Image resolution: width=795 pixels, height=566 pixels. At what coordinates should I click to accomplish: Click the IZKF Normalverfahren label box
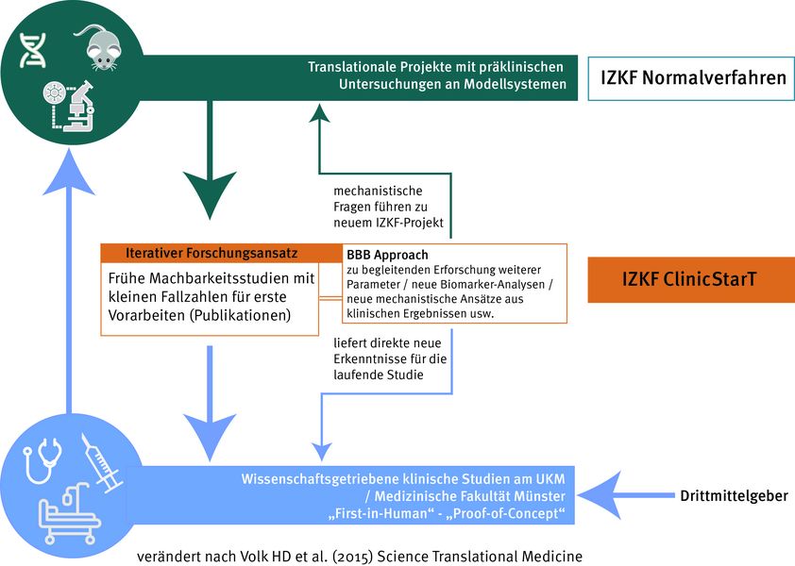[693, 78]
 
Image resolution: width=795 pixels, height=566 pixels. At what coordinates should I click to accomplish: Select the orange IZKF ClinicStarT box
[692, 280]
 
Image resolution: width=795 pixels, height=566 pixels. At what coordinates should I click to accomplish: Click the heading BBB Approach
[388, 255]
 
